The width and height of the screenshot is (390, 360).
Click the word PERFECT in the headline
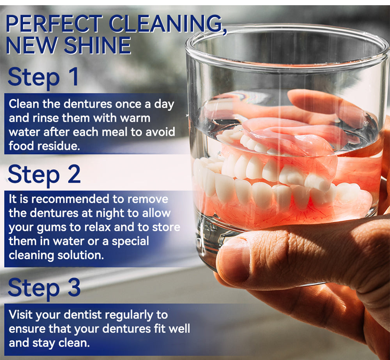[x=54, y=23]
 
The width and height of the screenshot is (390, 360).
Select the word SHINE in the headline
[x=97, y=46]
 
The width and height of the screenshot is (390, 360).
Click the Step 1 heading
[x=43, y=77]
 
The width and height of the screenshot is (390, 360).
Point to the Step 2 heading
[x=44, y=174]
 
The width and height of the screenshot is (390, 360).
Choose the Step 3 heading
[x=44, y=287]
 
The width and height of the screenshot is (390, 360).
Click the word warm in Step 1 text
[x=135, y=118]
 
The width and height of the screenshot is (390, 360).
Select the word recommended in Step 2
[x=72, y=199]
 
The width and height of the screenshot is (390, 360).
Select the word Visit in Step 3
[x=21, y=314]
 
